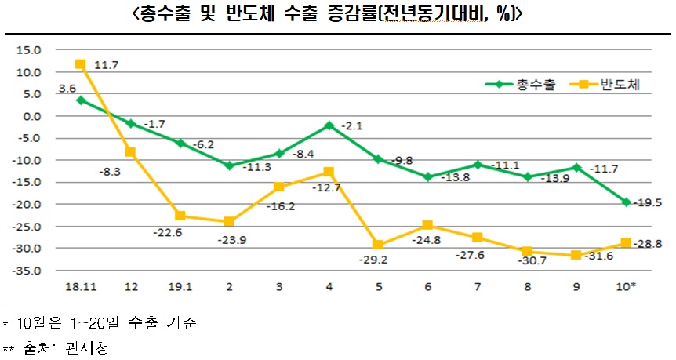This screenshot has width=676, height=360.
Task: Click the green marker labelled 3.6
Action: point(81,100)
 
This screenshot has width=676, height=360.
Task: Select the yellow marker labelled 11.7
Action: point(81,64)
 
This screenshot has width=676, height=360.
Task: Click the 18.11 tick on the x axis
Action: point(81,287)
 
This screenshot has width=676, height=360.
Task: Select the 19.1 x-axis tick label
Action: point(180,287)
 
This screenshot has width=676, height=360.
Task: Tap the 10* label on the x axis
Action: point(626,287)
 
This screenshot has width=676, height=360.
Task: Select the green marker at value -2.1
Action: point(329,125)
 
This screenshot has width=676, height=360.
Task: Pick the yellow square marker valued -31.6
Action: point(576,255)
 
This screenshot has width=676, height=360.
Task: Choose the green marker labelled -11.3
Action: point(230,165)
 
